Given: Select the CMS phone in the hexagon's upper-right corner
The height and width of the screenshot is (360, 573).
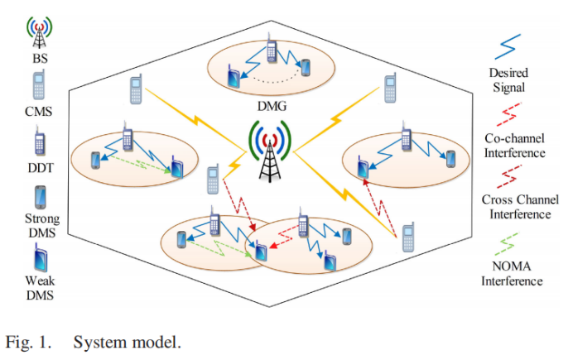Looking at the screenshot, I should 390,89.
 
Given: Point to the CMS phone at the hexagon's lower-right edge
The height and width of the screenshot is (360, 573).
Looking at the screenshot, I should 407,239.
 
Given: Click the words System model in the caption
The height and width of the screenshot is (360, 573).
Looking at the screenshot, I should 126,340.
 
